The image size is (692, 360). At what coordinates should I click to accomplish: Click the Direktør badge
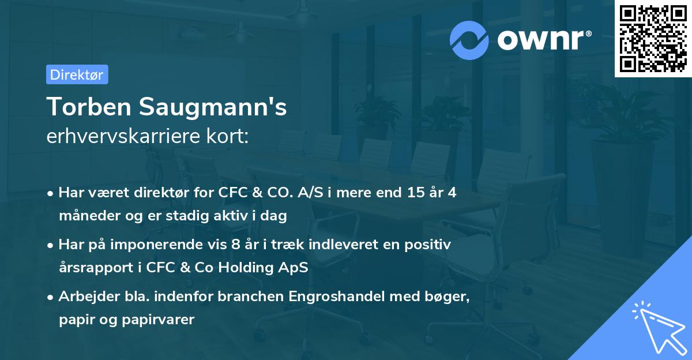point(77,74)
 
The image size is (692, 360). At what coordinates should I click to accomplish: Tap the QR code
point(652,38)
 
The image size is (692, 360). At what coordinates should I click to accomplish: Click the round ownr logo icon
point(469,40)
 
